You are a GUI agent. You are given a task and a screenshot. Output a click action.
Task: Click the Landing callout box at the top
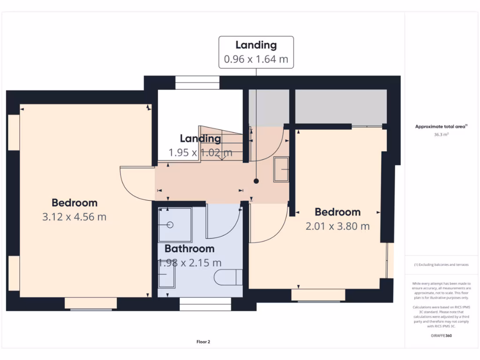click(256, 52)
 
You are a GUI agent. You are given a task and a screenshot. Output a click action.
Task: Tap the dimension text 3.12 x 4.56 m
click(74, 217)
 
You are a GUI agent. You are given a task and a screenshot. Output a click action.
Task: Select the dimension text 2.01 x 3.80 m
click(337, 226)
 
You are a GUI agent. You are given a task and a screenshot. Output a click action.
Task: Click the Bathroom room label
click(189, 248)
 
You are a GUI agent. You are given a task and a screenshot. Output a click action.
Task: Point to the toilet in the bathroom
click(229, 277)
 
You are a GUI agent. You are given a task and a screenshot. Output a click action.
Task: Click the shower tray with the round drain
click(174, 225)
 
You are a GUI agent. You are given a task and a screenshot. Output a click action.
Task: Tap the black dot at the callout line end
click(256, 181)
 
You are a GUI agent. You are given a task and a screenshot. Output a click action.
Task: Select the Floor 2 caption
click(203, 342)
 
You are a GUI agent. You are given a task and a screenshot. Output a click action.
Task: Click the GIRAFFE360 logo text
click(442, 336)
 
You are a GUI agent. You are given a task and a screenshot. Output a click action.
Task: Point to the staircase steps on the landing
click(220, 143)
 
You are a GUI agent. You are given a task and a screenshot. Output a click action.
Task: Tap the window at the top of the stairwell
click(197, 82)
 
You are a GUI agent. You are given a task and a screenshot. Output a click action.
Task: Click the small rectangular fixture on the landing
click(281, 169)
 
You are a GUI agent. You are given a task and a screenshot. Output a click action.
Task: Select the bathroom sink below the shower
click(166, 273)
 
